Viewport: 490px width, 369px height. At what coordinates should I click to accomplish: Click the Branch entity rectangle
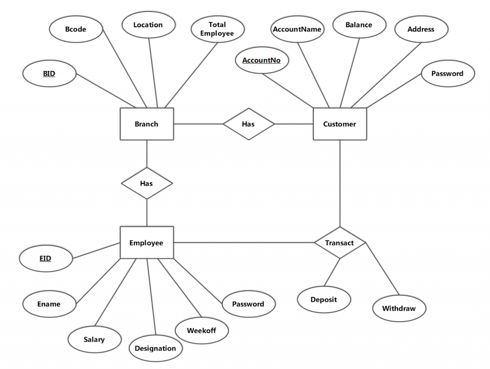coord(146,124)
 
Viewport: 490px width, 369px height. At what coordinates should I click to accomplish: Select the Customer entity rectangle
coord(340,124)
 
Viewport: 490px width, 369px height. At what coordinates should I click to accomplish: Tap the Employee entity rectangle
coord(146,243)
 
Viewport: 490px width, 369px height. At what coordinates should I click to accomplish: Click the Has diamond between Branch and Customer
coord(248,124)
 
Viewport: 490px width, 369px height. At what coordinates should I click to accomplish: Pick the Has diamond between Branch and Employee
coord(146,183)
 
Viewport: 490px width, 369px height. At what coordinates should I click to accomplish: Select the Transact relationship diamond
coord(340,243)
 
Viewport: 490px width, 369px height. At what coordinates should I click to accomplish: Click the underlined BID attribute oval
coord(49,74)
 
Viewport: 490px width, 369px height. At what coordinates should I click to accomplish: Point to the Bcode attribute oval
coord(76,29)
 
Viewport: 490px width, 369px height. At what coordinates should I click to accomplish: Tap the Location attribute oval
coord(148,25)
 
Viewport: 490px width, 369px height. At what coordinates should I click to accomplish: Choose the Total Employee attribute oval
coord(217,29)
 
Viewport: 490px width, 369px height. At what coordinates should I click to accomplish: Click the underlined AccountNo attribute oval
coord(261,60)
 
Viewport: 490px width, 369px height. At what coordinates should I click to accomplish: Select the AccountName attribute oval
coord(297,29)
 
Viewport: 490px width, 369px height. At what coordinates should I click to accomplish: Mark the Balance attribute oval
coord(359,25)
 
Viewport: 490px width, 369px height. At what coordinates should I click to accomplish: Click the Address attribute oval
coord(421,29)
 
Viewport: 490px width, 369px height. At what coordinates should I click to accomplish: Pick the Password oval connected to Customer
coord(447,74)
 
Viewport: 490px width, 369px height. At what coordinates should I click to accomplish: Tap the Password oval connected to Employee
coord(248,304)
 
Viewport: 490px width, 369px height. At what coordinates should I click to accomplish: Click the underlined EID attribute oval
coord(45,259)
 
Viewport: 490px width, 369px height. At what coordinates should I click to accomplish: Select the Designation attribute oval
coord(156,348)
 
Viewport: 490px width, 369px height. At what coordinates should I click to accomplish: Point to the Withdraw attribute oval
coord(399,308)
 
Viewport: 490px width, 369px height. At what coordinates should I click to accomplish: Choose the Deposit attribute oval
coord(324,300)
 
